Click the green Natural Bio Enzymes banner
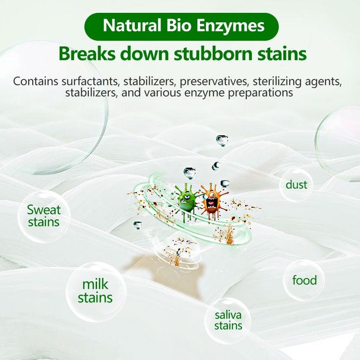(181, 27)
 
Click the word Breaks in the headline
(87, 54)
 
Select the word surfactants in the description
(91, 81)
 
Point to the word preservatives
(214, 82)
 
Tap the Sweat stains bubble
(44, 216)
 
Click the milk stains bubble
(96, 291)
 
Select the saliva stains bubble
(228, 320)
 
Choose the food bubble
(304, 280)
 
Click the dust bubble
(296, 185)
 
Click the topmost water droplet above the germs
(222, 140)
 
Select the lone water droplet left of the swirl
(137, 225)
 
